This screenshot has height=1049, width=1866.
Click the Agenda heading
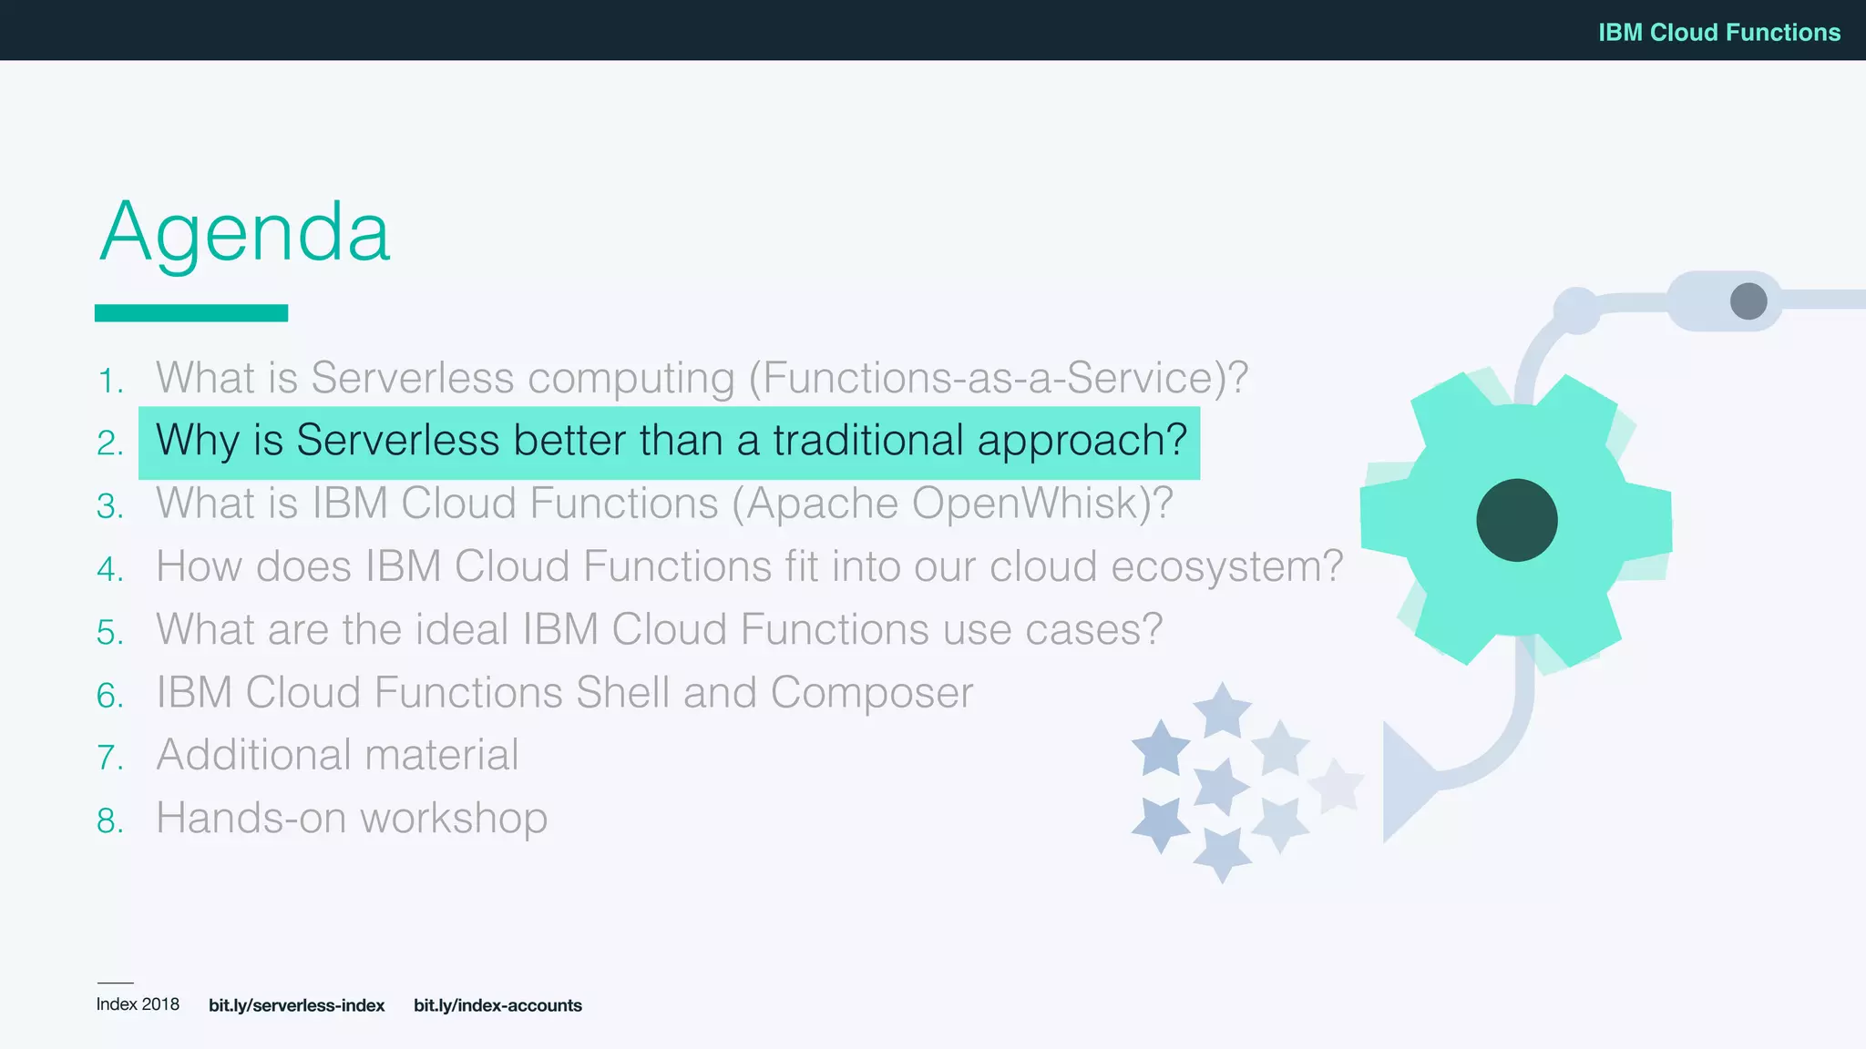pyautogui.click(x=244, y=232)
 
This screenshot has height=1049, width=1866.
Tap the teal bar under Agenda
pyautogui.click(x=191, y=313)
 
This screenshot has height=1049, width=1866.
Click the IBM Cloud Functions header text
pyautogui.click(x=1718, y=32)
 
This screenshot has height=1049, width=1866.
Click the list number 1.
pyautogui.click(x=110, y=382)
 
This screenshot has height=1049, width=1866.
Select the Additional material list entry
pyautogui.click(x=337, y=755)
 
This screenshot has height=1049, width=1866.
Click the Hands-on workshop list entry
pyautogui.click(x=352, y=818)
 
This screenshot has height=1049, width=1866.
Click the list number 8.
pyautogui.click(x=110, y=821)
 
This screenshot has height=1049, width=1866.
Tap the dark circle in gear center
pyautogui.click(x=1517, y=520)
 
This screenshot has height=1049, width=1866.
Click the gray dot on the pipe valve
pyautogui.click(x=1748, y=300)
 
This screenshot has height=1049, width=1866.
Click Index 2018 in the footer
pyautogui.click(x=138, y=1004)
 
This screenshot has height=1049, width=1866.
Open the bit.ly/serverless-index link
pyautogui.click(x=296, y=1005)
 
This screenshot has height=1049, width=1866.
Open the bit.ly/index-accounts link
pyautogui.click(x=497, y=1005)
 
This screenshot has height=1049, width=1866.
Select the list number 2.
pyautogui.click(x=110, y=443)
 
